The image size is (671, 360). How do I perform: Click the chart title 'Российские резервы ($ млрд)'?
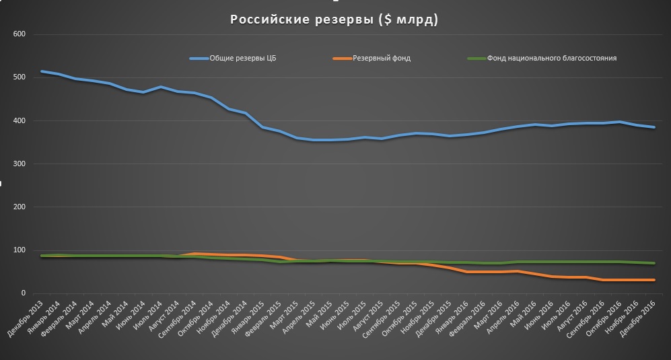(x=334, y=20)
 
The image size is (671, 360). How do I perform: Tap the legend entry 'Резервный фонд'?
(x=381, y=59)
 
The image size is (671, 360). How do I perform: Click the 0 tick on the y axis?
(x=22, y=293)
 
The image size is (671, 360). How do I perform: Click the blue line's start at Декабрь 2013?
(x=42, y=71)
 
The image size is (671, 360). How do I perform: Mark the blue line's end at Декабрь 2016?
(x=654, y=127)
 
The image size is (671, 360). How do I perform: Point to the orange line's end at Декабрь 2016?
(x=654, y=280)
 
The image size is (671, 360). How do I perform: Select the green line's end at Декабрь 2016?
(x=654, y=263)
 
